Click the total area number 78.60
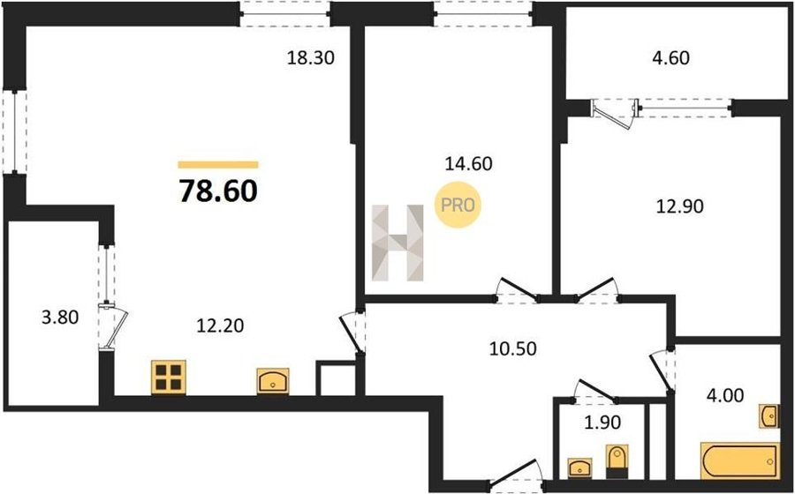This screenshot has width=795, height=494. point(218,191)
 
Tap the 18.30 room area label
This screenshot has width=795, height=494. point(311,58)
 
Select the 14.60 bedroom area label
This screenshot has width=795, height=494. point(468,163)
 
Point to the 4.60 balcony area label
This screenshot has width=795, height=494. point(670,57)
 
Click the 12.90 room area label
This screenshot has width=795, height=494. point(680,206)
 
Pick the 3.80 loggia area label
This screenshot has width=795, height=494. point(60,318)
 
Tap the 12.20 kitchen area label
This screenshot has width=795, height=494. point(220,326)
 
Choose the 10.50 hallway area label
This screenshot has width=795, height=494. point(512,348)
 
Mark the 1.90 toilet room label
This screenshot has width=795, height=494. point(602,422)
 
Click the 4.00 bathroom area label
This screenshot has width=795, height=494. point(724,394)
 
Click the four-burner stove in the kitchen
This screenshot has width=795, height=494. point(169,377)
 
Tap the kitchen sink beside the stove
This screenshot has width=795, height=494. point(273,381)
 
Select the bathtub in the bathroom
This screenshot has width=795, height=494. point(738,460)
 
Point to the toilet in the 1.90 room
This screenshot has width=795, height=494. point(617,461)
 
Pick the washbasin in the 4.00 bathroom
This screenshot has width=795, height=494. point(768,416)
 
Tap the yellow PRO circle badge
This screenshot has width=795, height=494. point(458,205)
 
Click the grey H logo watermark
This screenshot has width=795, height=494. point(397,243)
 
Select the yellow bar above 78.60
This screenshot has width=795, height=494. point(218,164)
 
